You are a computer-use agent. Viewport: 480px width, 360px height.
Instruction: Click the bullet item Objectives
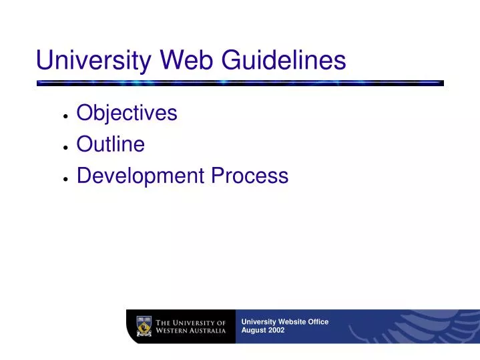pyautogui.click(x=127, y=113)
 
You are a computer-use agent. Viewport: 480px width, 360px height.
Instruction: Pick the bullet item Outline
pyautogui.click(x=111, y=144)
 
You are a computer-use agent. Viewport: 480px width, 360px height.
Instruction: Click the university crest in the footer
pyautogui.click(x=144, y=326)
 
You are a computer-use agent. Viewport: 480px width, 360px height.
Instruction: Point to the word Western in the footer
pyautogui.click(x=174, y=331)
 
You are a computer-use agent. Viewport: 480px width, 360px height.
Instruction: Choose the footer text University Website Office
pyautogui.click(x=284, y=321)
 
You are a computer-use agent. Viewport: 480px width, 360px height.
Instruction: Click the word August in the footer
pyautogui.click(x=253, y=331)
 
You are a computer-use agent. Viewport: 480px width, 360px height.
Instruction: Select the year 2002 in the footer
pyautogui.click(x=276, y=331)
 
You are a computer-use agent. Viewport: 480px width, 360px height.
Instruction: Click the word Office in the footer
pyautogui.click(x=318, y=321)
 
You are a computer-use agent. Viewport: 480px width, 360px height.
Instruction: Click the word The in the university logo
pyautogui.click(x=164, y=322)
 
